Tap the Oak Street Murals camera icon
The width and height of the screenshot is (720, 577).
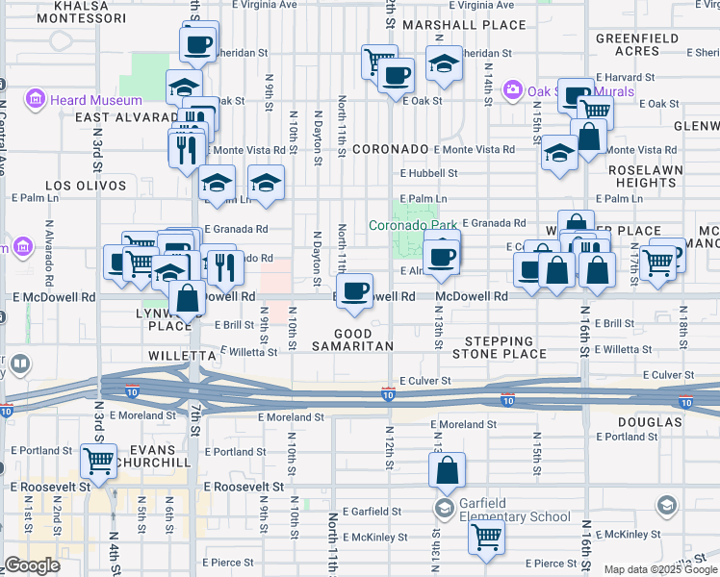click(513, 90)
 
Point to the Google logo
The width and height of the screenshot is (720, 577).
click(32, 565)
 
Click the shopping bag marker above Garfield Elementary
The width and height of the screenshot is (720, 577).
click(447, 472)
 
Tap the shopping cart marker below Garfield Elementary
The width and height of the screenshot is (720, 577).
click(486, 539)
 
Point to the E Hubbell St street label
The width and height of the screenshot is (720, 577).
click(429, 174)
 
